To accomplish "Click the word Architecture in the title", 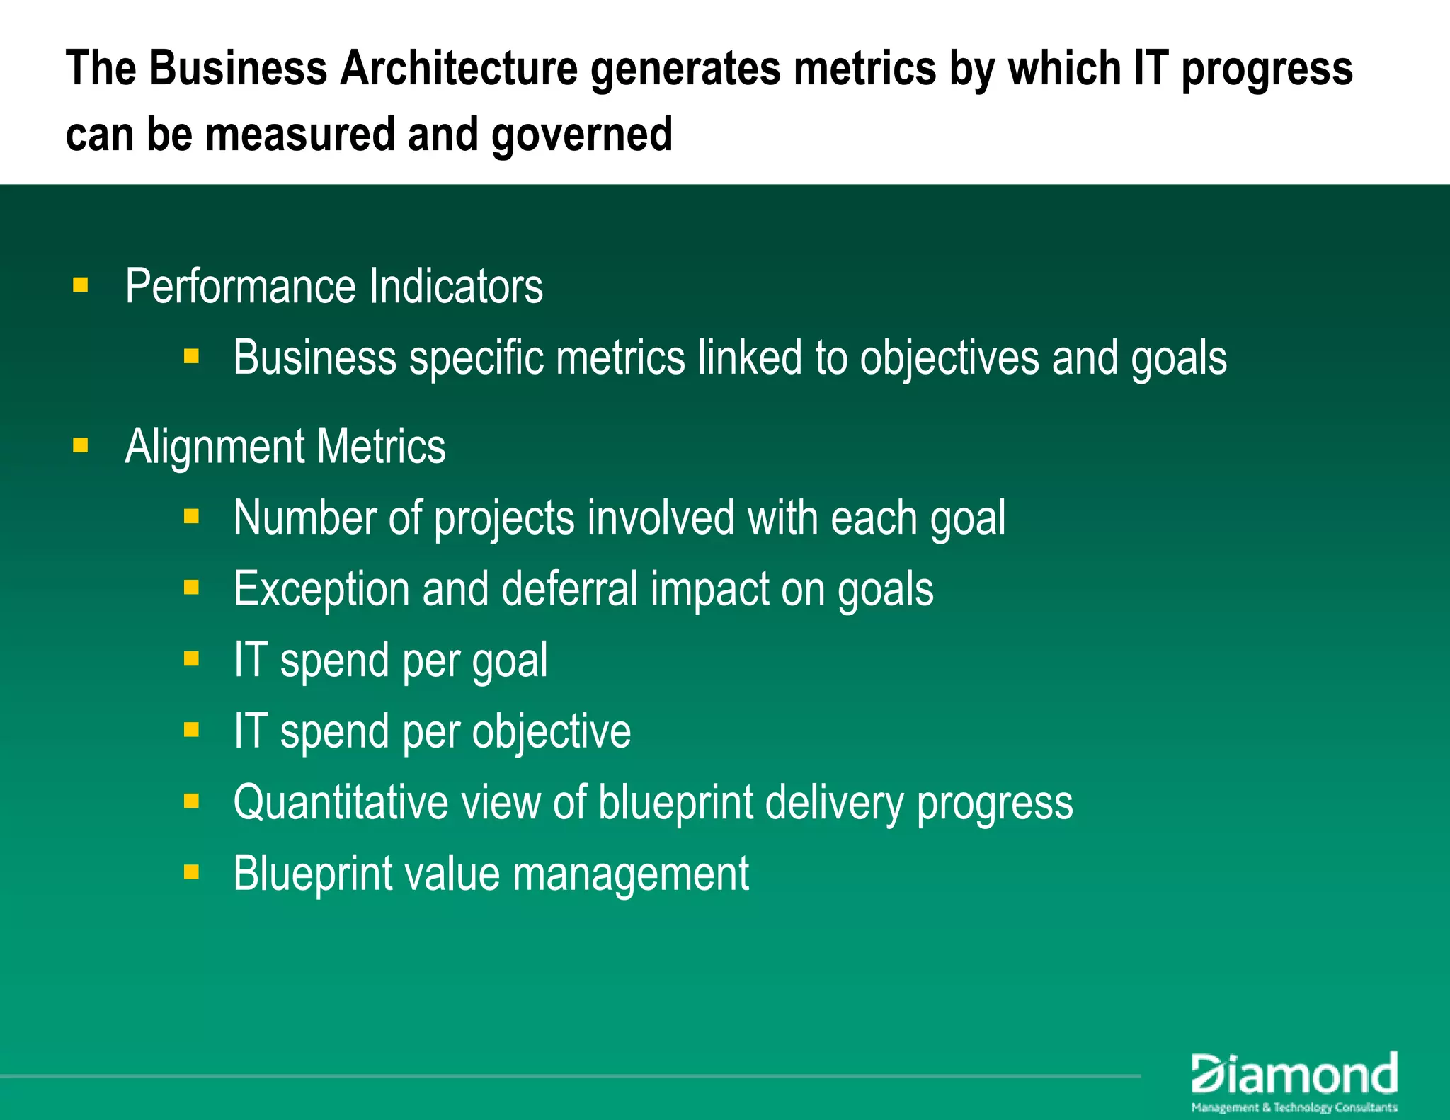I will click(459, 69).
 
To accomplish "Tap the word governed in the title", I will click(582, 135).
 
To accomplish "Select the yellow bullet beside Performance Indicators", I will click(81, 285).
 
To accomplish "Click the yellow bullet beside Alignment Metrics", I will click(81, 445).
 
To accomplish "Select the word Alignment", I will click(215, 447).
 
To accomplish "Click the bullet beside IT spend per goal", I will click(191, 659).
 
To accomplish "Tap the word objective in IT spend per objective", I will click(552, 732).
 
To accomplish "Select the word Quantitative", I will click(341, 803).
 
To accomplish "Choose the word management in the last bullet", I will click(630, 874).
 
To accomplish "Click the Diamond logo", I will click(1294, 1074).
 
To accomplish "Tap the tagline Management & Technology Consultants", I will click(1294, 1107).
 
